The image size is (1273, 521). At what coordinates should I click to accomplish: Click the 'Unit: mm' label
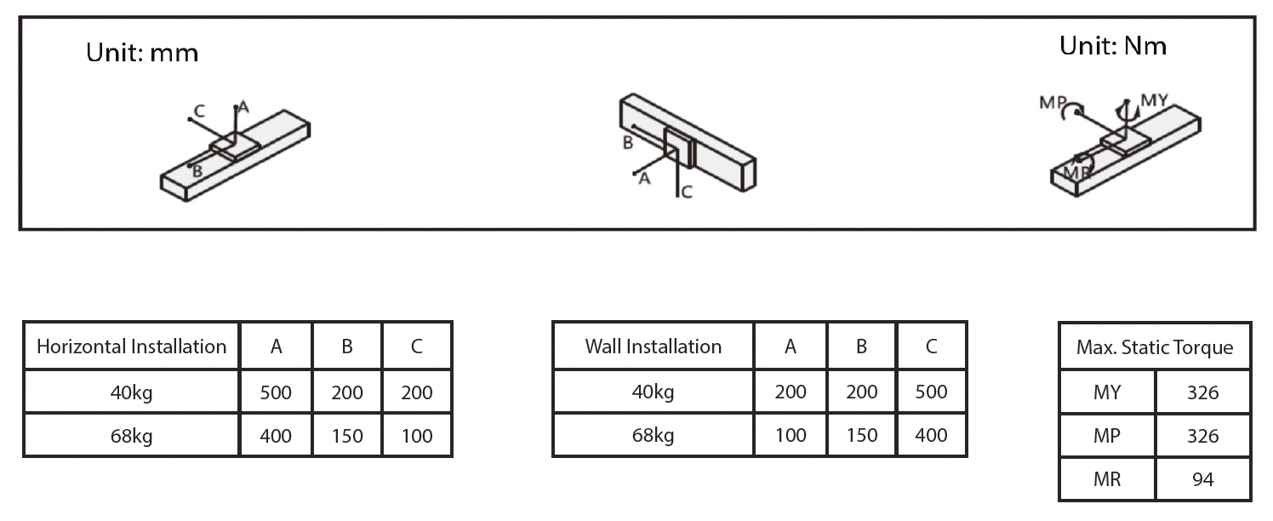click(x=142, y=53)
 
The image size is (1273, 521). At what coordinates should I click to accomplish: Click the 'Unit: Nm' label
click(x=1112, y=46)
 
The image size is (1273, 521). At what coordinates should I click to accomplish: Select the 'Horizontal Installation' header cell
click(x=131, y=346)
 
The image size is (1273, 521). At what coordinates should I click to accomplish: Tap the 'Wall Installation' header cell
click(x=653, y=346)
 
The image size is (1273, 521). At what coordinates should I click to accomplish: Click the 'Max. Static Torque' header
click(x=1154, y=347)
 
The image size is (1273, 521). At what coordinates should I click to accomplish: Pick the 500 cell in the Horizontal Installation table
click(x=276, y=392)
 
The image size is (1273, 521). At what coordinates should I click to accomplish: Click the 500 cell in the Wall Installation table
click(x=931, y=392)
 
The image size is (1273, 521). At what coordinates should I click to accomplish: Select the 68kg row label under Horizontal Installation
click(x=131, y=436)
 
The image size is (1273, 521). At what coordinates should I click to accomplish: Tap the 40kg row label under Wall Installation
click(x=653, y=392)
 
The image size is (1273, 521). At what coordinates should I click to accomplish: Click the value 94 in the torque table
click(x=1202, y=479)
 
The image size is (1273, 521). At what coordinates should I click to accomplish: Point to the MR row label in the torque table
click(x=1107, y=479)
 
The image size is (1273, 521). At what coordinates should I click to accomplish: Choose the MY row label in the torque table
click(x=1107, y=392)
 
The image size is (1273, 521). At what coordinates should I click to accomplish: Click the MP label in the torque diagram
click(x=1053, y=103)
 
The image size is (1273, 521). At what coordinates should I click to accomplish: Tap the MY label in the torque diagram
click(x=1154, y=100)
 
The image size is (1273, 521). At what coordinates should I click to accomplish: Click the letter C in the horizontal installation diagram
click(x=198, y=111)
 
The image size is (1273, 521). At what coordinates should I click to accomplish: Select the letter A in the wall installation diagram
click(x=644, y=179)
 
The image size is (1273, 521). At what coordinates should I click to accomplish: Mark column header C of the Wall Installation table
click(x=931, y=346)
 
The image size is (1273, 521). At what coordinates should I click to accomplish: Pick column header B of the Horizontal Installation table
click(x=347, y=346)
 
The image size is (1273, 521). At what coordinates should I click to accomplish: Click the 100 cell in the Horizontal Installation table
click(x=417, y=436)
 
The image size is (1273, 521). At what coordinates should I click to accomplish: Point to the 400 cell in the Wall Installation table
click(x=931, y=436)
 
